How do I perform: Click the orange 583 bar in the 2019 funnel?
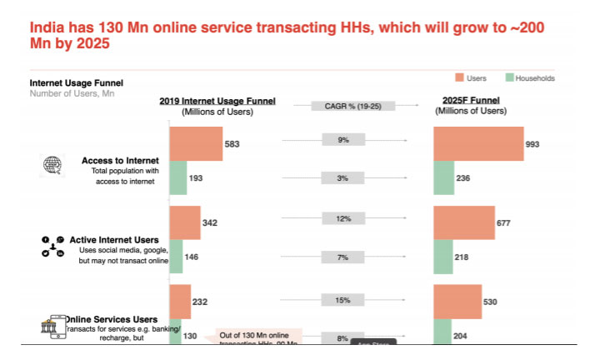tap(196, 143)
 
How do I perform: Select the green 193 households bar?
tap(177, 177)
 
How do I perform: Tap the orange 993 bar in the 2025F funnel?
tap(478, 143)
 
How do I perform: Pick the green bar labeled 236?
tap(444, 177)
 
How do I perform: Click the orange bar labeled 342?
tap(184, 222)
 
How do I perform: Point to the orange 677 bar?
tap(464, 222)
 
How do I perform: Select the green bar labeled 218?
tap(443, 257)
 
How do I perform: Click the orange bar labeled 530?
tap(457, 301)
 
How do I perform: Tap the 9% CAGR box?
tap(343, 140)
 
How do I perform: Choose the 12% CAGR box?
tap(343, 218)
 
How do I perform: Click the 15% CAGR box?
tap(343, 299)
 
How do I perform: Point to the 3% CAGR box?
tap(343, 177)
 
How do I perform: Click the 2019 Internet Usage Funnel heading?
tap(217, 102)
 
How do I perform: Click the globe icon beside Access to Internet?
tap(52, 165)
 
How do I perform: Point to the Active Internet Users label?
tap(114, 239)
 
